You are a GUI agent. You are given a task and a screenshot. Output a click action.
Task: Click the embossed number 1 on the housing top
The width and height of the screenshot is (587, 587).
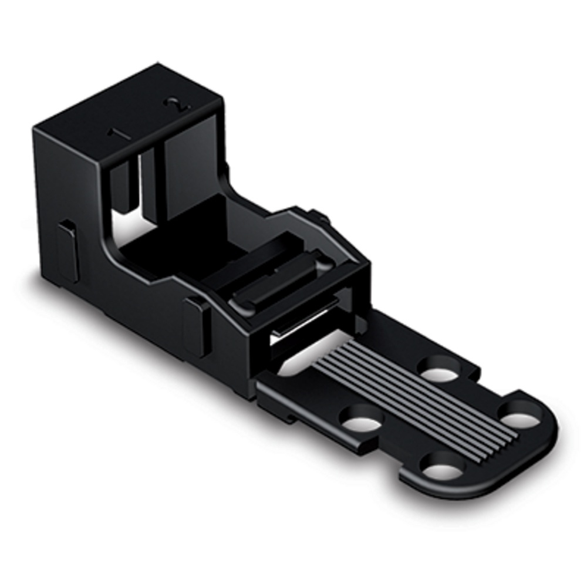pyautogui.click(x=121, y=134)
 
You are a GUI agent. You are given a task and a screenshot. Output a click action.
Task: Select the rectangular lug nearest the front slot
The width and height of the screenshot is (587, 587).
pyautogui.click(x=195, y=326)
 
